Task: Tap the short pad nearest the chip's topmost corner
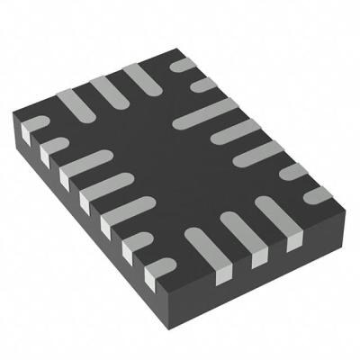pos(184,66)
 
